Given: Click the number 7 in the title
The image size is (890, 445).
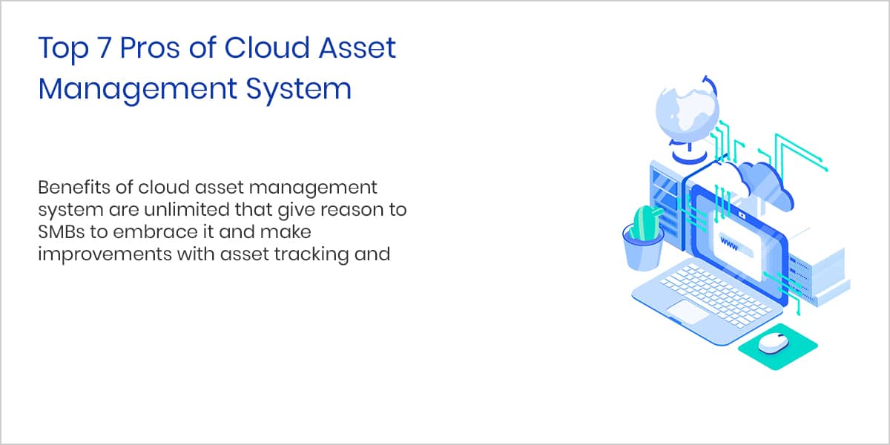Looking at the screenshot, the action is pyautogui.click(x=103, y=48).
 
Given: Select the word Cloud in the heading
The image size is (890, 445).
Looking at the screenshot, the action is pyautogui.click(x=266, y=47).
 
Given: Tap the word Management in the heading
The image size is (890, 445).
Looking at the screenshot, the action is pyautogui.click(x=137, y=90).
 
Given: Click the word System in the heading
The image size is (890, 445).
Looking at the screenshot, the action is pyautogui.click(x=299, y=90).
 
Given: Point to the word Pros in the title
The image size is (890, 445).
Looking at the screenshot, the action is pyautogui.click(x=150, y=48).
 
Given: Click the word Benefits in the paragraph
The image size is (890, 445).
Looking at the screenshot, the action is pyautogui.click(x=74, y=187).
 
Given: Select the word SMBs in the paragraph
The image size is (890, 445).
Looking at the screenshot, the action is pyautogui.click(x=61, y=231).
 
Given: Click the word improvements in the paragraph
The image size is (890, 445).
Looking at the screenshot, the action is pyautogui.click(x=105, y=254).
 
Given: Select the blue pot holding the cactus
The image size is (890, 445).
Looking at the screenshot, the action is pyautogui.click(x=642, y=251).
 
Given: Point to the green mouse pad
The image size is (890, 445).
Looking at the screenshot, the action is pyautogui.click(x=777, y=347).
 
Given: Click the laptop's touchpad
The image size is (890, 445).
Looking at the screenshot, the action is pyautogui.click(x=687, y=311).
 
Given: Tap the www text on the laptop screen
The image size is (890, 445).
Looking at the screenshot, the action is pyautogui.click(x=728, y=243).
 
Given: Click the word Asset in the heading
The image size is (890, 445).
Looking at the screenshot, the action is pyautogui.click(x=357, y=48).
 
